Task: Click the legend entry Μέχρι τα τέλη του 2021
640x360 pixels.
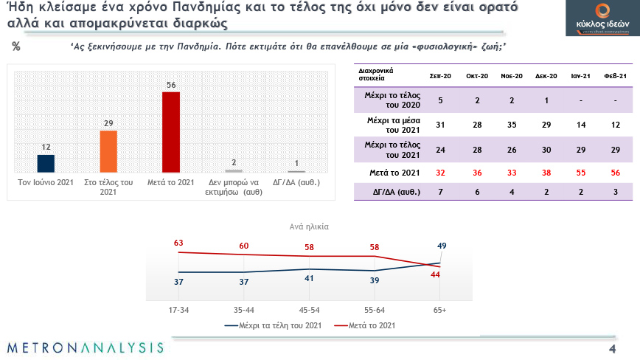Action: tap(274, 325)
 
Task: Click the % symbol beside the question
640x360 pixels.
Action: tap(16, 46)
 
